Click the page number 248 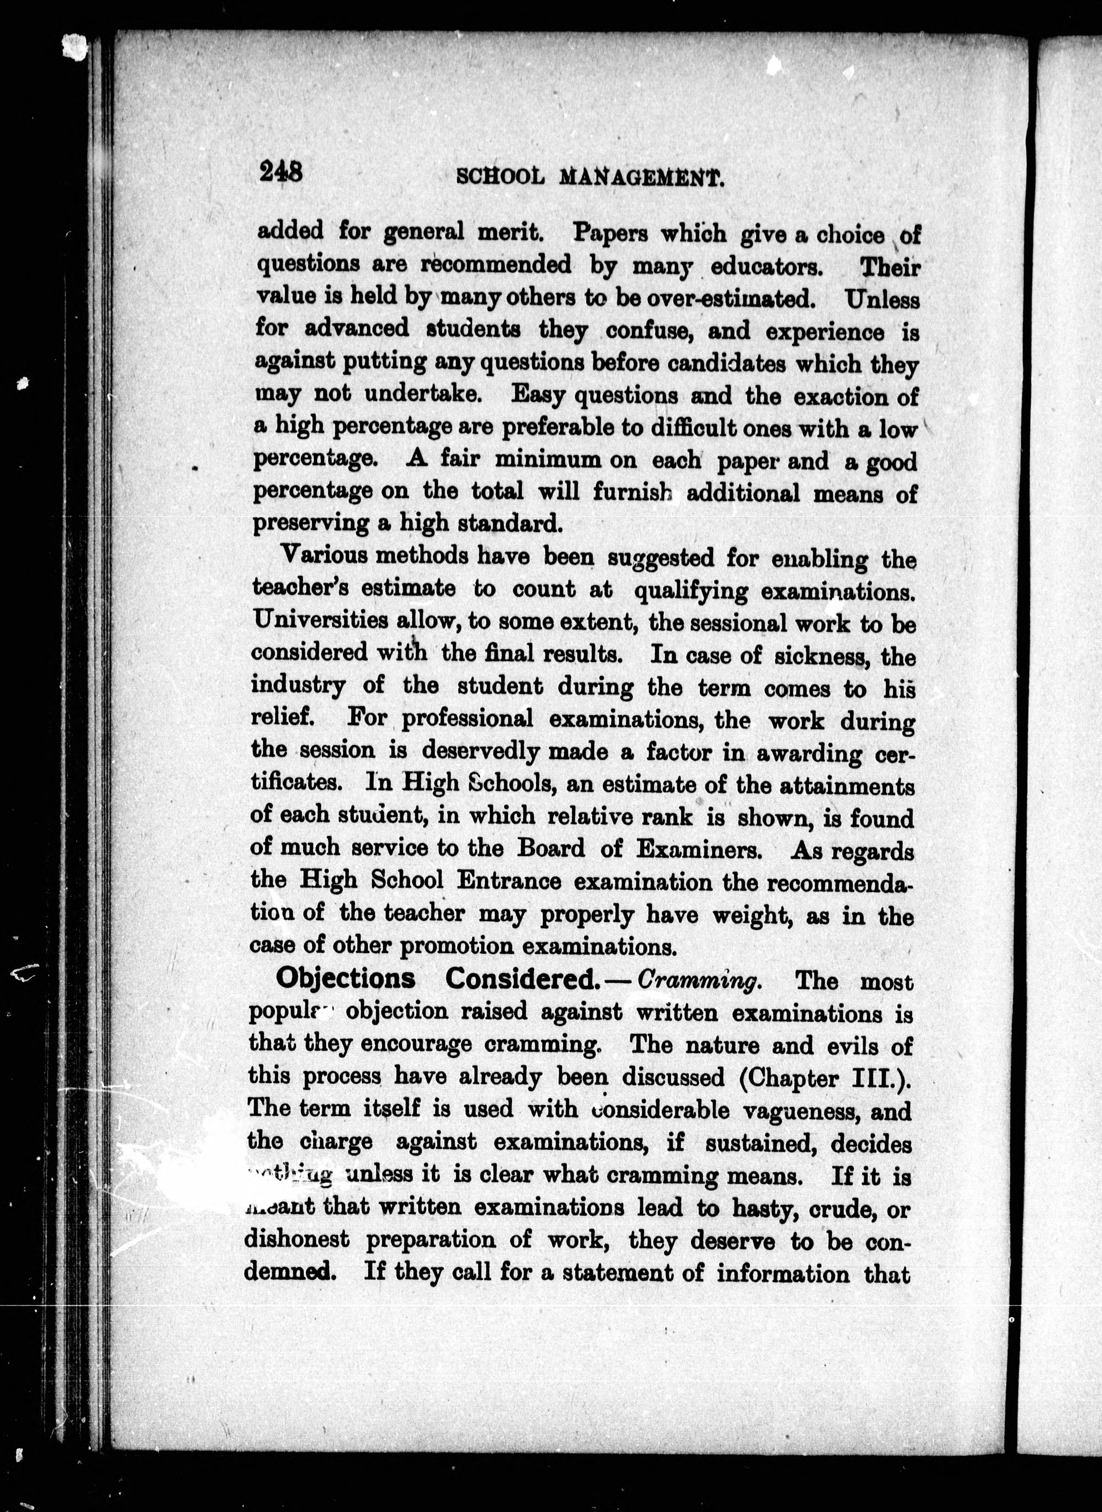point(282,173)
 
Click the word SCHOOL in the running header point(498,177)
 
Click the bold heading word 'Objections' point(345,978)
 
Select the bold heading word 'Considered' point(520,978)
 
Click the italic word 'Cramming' point(698,981)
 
